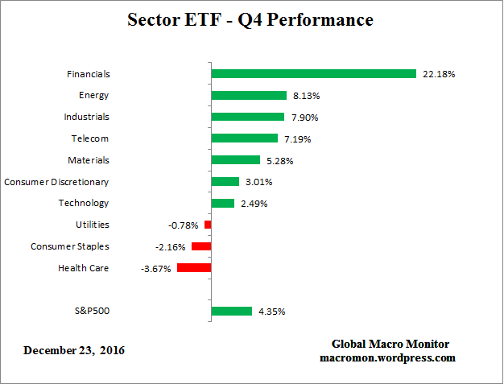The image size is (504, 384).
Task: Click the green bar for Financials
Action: pyautogui.click(x=313, y=74)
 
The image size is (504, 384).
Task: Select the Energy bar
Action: pyautogui.click(x=249, y=95)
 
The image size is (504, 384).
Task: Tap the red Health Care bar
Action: pyautogui.click(x=194, y=268)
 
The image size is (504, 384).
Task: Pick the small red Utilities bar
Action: pyautogui.click(x=207, y=225)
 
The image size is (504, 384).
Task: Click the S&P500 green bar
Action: pyautogui.click(x=231, y=311)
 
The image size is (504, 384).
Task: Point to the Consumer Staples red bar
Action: pyautogui.click(x=200, y=246)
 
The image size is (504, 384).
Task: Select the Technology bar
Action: pyautogui.click(x=222, y=203)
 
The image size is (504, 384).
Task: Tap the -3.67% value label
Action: pyautogui.click(x=155, y=269)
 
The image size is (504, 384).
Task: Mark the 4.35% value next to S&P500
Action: pyautogui.click(x=272, y=312)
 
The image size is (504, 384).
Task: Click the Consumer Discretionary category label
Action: pyautogui.click(x=56, y=182)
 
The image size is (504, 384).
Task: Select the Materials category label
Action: pyautogui.click(x=89, y=160)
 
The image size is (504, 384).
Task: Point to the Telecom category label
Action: pyautogui.click(x=90, y=138)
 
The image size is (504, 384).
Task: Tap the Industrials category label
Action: pyautogui.click(x=86, y=117)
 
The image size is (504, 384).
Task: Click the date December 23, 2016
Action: pyautogui.click(x=74, y=350)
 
